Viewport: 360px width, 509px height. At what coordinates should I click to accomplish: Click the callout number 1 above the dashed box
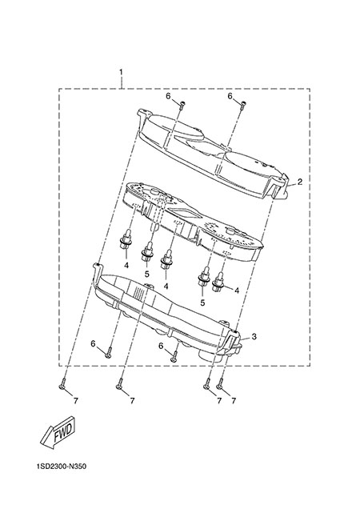(121, 72)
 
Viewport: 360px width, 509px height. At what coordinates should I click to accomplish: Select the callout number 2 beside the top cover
(300, 182)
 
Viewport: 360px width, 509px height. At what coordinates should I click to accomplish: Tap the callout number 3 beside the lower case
(254, 337)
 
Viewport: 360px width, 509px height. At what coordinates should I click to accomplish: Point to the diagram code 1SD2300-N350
(62, 467)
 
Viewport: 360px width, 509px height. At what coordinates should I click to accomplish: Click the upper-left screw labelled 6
(182, 105)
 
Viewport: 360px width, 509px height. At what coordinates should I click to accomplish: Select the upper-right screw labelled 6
(243, 105)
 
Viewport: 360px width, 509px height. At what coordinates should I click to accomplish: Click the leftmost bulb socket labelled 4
(126, 241)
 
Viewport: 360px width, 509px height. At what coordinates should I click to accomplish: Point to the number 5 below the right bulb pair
(202, 303)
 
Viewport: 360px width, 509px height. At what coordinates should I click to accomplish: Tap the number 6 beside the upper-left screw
(168, 96)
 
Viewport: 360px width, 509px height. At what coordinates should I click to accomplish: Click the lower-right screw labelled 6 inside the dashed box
(174, 356)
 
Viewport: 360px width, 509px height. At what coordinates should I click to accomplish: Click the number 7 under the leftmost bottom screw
(76, 401)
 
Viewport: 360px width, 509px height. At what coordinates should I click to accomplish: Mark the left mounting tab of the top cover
(144, 114)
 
